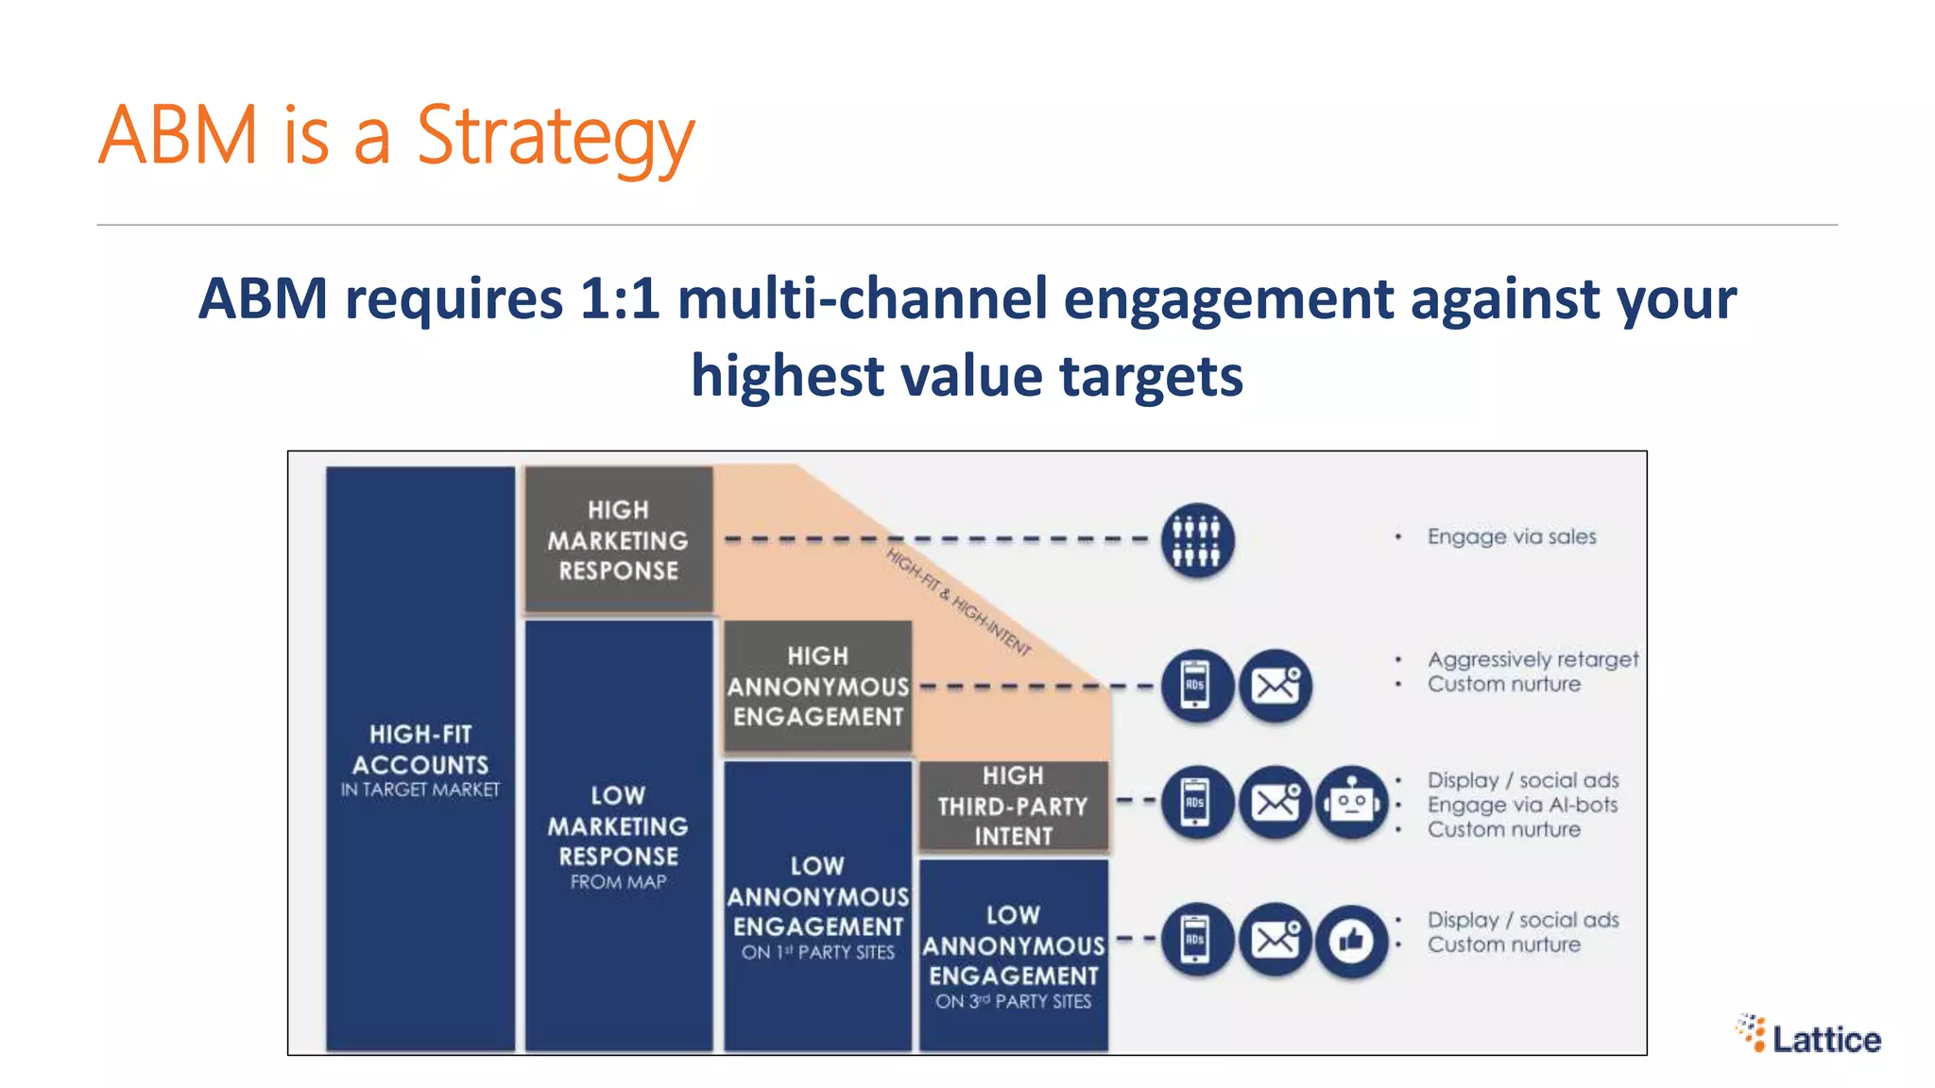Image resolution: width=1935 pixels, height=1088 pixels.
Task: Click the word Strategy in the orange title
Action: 556,137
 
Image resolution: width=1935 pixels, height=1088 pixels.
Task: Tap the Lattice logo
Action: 1808,1035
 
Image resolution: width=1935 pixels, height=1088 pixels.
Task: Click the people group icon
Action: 1196,540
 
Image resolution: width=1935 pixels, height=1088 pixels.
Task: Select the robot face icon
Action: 1352,803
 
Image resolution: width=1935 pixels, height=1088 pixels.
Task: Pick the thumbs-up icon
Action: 1352,941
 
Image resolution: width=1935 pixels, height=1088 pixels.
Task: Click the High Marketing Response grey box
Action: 619,540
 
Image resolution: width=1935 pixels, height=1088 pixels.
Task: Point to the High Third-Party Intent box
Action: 1013,806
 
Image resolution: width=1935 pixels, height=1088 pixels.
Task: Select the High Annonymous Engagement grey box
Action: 818,687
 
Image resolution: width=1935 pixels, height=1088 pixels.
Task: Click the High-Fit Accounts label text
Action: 420,751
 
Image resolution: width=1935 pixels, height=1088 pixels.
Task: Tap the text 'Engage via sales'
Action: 1512,536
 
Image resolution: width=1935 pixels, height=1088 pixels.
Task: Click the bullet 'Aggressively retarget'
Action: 1533,659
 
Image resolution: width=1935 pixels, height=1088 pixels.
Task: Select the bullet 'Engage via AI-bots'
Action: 1522,805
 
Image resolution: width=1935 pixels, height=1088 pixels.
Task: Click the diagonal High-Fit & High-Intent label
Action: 958,602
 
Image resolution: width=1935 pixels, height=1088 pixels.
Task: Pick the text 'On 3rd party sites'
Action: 1013,1001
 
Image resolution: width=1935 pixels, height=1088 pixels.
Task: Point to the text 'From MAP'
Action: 619,882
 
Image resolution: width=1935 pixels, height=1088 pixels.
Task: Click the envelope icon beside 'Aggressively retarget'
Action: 1276,686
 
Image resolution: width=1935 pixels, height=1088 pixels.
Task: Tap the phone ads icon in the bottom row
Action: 1196,941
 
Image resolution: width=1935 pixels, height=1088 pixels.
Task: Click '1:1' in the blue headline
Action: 619,298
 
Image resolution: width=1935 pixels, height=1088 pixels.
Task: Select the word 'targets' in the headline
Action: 1151,376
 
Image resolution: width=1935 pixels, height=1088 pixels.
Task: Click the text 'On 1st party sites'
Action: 818,952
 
